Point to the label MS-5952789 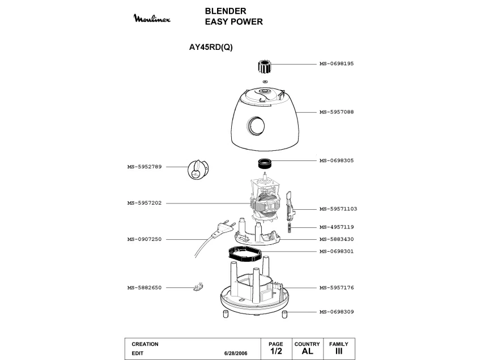145,167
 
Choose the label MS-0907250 145,239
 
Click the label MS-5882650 145,287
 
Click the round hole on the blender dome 256,125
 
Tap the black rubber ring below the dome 265,164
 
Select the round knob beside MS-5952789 197,170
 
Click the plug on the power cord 223,228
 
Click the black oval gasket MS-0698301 247,252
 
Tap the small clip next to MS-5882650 198,287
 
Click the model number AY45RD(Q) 211,48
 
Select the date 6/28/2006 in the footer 236,353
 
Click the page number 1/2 275,351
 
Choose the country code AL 307,351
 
